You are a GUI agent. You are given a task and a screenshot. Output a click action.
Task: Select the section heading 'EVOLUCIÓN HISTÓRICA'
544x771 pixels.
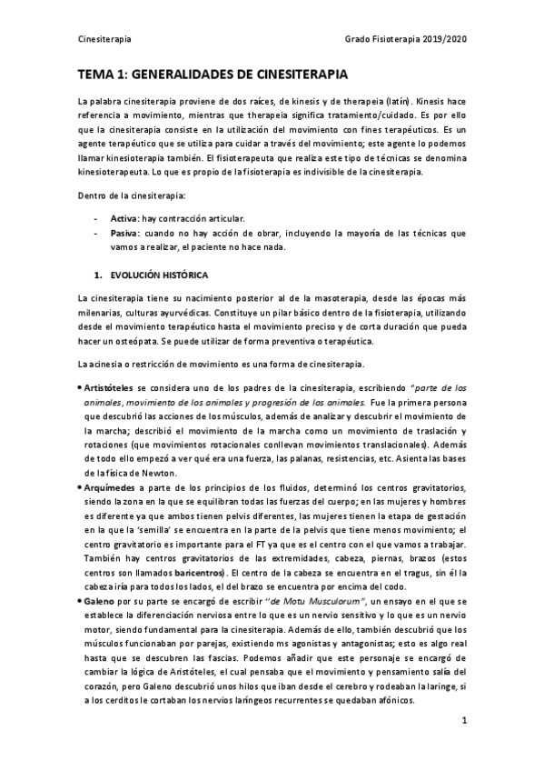click(159, 274)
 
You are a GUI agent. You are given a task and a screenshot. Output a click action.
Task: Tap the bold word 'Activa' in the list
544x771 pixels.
click(124, 219)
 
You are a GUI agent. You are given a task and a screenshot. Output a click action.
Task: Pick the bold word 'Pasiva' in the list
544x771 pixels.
click(124, 233)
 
